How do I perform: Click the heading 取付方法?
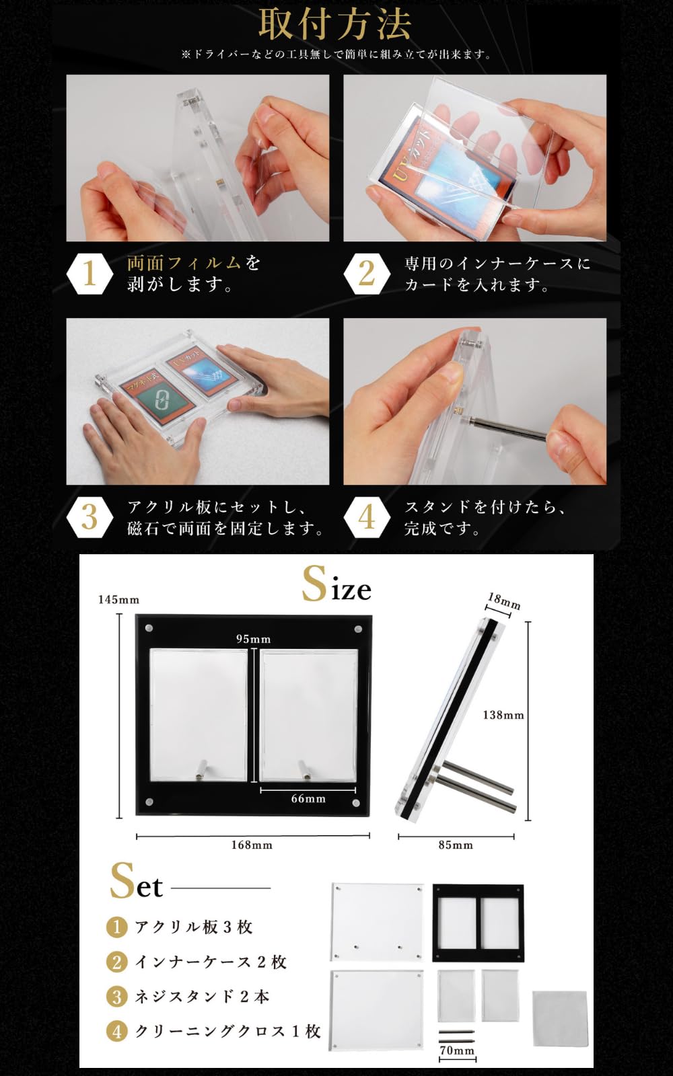pyautogui.click(x=334, y=25)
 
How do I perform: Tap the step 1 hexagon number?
pyautogui.click(x=89, y=274)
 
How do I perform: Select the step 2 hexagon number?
pyautogui.click(x=366, y=274)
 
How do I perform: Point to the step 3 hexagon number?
pyautogui.click(x=89, y=518)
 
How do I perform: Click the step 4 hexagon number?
pyautogui.click(x=366, y=518)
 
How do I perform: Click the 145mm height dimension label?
pyautogui.click(x=118, y=599)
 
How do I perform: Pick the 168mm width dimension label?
pyautogui.click(x=252, y=845)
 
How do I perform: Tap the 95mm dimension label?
pyautogui.click(x=253, y=639)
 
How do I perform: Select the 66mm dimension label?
pyautogui.click(x=308, y=798)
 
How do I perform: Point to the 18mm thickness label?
pyautogui.click(x=504, y=601)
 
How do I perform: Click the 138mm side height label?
pyautogui.click(x=503, y=715)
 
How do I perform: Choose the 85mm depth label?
pyautogui.click(x=456, y=845)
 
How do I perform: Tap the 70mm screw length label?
pyautogui.click(x=457, y=1050)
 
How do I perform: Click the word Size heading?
pyautogui.click(x=336, y=584)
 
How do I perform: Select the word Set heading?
pyautogui.click(x=137, y=882)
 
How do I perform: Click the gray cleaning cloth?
pyautogui.click(x=559, y=1017)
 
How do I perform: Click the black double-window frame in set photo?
pyautogui.click(x=478, y=922)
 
